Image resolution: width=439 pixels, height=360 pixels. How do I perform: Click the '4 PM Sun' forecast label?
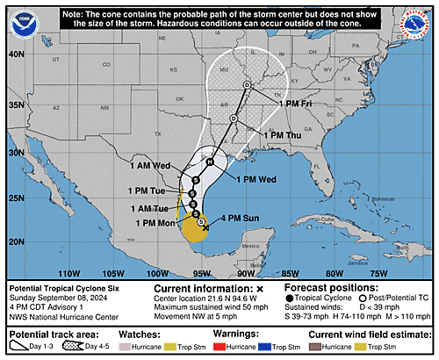tap(238, 217)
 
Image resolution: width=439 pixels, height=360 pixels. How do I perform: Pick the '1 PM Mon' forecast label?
tap(155, 223)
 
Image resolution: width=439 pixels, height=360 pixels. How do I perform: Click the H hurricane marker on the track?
tap(209, 162)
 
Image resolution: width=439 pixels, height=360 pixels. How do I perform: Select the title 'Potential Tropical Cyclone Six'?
tap(63, 288)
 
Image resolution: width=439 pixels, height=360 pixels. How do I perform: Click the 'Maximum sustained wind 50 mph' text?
tap(212, 305)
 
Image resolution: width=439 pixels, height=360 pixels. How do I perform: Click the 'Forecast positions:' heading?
tap(327, 287)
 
